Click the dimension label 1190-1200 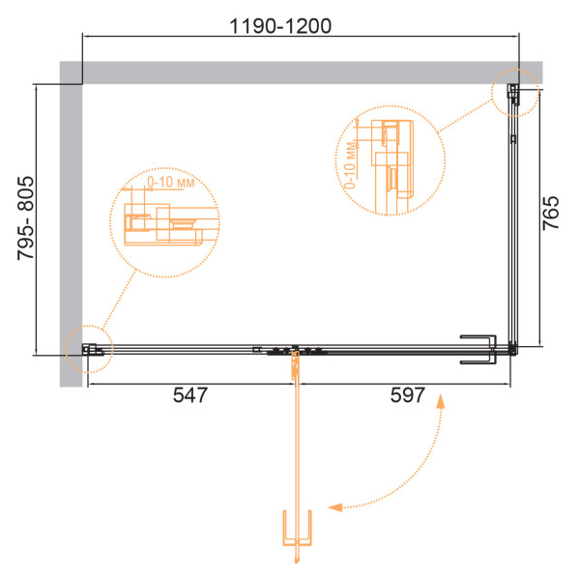click(x=280, y=26)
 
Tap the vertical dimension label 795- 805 click(x=26, y=218)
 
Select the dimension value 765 click(x=551, y=213)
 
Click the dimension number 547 click(x=190, y=394)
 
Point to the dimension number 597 click(x=408, y=394)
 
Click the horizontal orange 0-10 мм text click(x=171, y=182)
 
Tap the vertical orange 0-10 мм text click(x=350, y=165)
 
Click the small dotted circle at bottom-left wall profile click(x=89, y=349)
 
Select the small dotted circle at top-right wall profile click(x=515, y=93)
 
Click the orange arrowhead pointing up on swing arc click(x=440, y=401)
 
